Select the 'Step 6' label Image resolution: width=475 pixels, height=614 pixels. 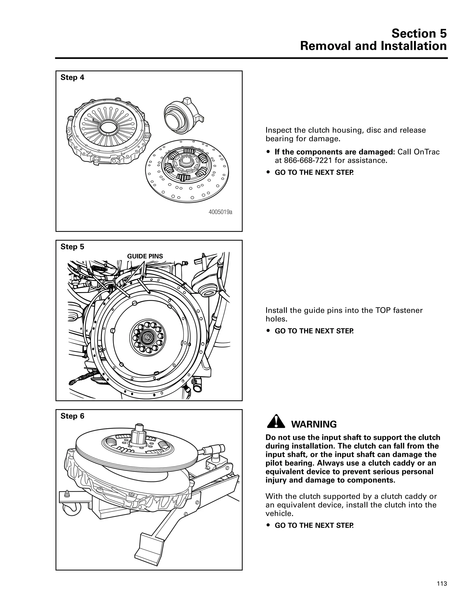(72, 416)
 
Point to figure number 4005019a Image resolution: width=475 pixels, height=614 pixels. (220, 212)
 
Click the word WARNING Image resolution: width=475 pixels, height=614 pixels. (314, 424)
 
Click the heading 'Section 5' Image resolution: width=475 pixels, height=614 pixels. (419, 33)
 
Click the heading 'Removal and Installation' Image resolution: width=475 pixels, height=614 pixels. (373, 46)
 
